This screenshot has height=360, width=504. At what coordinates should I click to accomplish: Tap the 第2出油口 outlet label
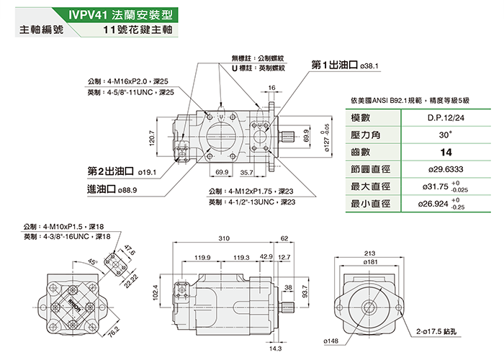(111, 172)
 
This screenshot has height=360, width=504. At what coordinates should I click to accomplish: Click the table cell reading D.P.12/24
(445, 117)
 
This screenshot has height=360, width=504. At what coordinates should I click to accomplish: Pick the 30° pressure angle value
(445, 135)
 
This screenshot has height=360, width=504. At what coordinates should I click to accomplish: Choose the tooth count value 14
(445, 152)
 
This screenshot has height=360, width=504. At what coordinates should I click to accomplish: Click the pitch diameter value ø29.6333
(445, 169)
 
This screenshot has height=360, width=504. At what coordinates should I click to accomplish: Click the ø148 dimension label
(331, 340)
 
